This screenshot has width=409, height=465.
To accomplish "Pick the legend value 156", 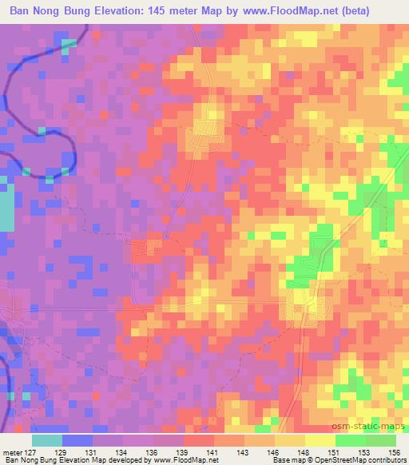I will (395, 451).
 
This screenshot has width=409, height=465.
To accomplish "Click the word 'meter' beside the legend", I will (12, 451).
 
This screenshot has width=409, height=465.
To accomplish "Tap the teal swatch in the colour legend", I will (47, 440).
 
